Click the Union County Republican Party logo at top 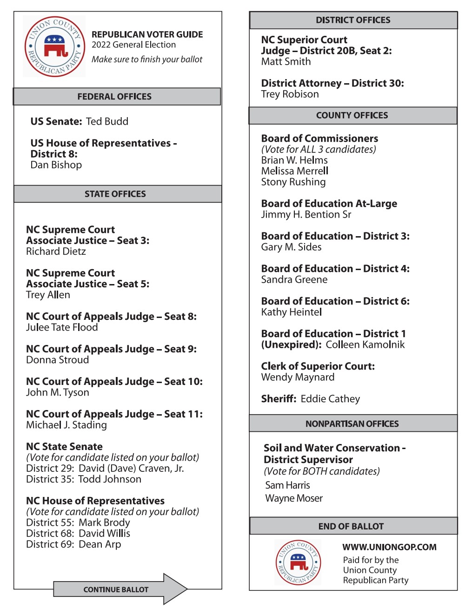coord(55,46)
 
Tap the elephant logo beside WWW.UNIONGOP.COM coord(299,563)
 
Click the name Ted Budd coord(107,121)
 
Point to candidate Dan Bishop coord(56,165)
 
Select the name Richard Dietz coord(56,252)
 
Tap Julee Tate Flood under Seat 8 coord(62,327)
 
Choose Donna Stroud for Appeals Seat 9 coord(57,360)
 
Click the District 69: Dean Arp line coord(73,544)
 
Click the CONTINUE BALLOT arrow coord(120,589)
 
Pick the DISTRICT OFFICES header coord(353,20)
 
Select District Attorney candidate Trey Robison coord(290,94)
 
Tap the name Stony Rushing coord(293,182)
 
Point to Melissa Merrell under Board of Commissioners coord(294,171)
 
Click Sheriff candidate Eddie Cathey coord(330,399)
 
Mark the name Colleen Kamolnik coord(365,344)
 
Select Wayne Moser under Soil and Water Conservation coord(293,498)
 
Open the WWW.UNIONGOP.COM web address coord(389,547)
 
